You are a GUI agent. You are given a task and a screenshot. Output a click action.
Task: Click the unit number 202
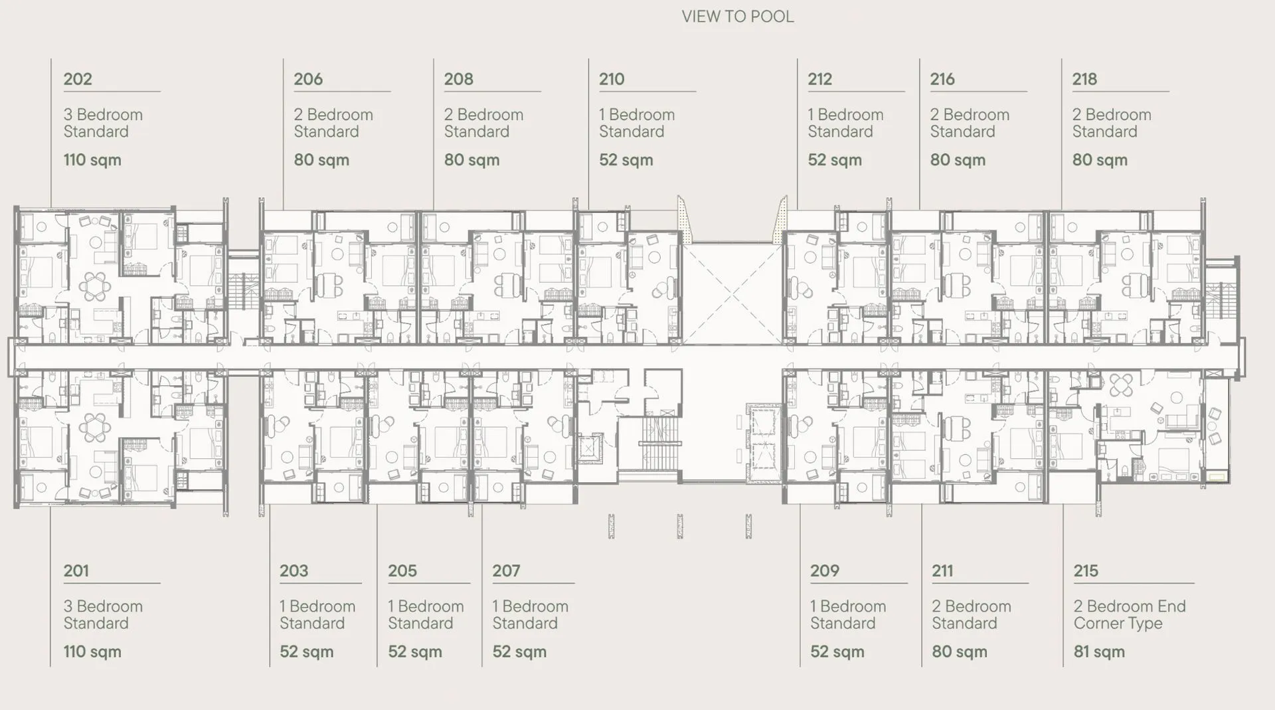tap(78, 79)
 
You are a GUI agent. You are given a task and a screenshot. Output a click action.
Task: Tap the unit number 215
tap(1086, 571)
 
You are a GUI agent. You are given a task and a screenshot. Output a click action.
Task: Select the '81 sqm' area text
tap(1099, 652)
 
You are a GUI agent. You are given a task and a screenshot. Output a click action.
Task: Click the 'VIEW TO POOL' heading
tap(738, 17)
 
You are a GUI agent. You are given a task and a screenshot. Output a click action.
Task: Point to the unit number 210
tap(612, 79)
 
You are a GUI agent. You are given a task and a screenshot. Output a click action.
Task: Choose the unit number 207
tap(506, 571)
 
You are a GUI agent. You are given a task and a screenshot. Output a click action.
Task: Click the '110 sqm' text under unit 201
tap(92, 652)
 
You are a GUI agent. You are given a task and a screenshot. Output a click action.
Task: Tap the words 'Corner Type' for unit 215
tap(1118, 623)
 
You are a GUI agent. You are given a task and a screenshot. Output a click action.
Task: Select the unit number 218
tap(1084, 79)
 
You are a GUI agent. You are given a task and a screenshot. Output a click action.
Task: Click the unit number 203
tap(294, 571)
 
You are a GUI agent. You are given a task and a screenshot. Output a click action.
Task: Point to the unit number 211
tap(942, 571)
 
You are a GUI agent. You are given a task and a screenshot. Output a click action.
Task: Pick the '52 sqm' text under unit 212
tap(835, 160)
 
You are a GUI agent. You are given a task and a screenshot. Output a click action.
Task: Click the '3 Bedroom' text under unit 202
tap(103, 114)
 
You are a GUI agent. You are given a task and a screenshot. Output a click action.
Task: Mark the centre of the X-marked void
tap(733, 294)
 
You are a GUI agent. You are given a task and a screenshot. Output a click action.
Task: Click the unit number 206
tap(308, 79)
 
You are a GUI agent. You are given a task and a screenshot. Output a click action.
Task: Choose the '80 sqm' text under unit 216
tap(958, 160)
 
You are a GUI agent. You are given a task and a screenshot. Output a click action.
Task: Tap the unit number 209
tap(825, 571)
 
